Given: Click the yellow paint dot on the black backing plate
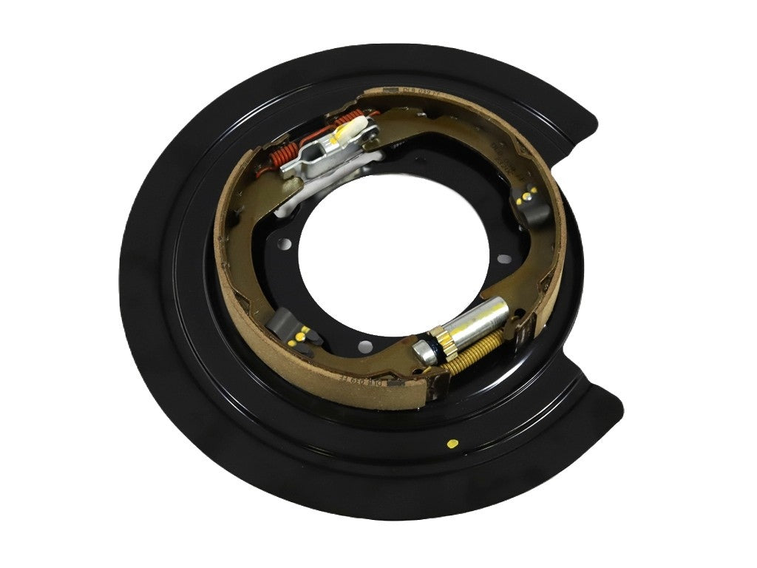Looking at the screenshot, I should [452, 444].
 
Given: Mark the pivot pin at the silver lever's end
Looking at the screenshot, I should [290, 169].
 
